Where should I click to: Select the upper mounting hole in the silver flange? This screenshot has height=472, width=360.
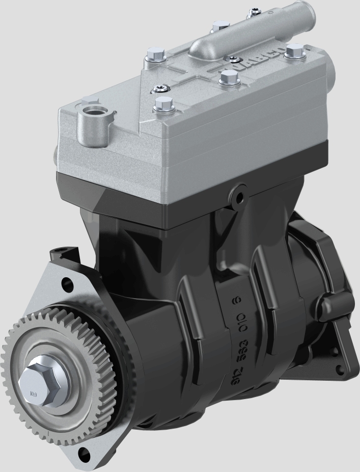tap(66, 282)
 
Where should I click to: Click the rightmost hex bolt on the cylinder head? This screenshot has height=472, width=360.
tap(294, 51)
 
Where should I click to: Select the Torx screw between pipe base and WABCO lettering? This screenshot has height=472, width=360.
tap(232, 60)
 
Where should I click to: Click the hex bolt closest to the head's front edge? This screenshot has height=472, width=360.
tap(161, 104)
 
